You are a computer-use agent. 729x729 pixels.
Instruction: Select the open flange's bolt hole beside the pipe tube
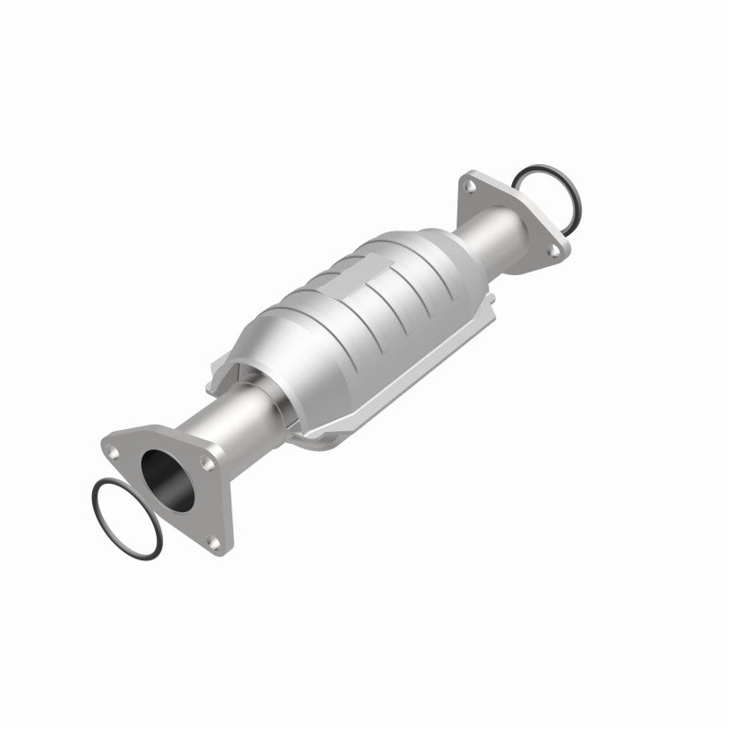point(209,464)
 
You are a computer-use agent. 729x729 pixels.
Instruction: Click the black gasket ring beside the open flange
point(126,518)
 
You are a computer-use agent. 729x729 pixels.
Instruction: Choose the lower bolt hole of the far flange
point(549,243)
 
